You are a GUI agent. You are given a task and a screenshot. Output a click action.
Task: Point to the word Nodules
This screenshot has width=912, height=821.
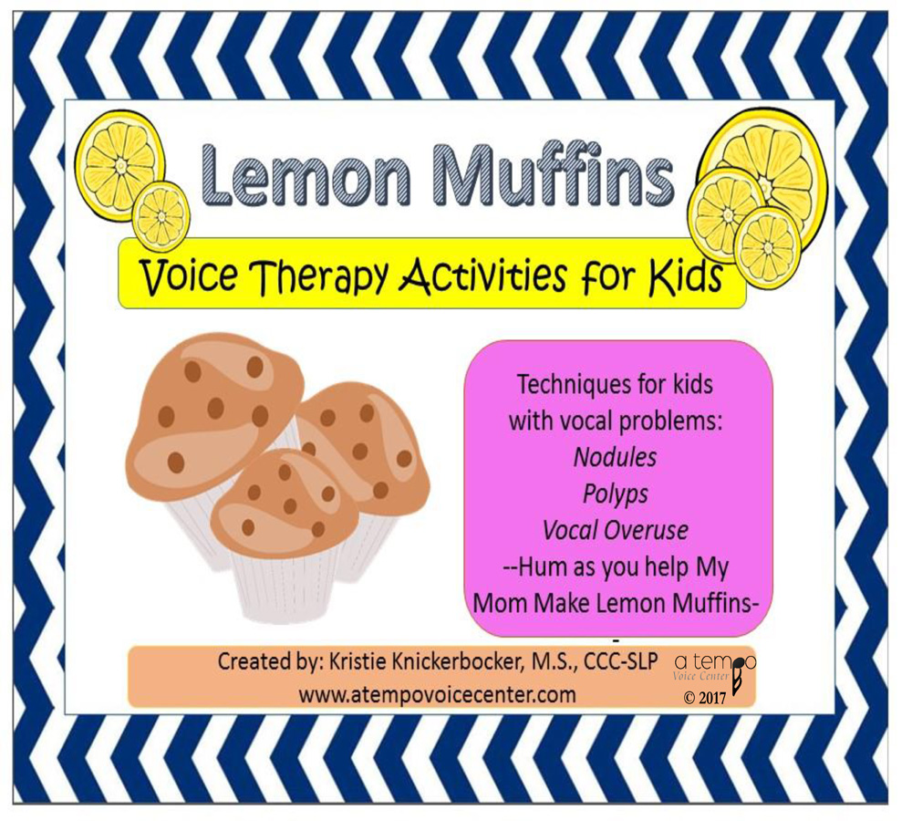pos(615,455)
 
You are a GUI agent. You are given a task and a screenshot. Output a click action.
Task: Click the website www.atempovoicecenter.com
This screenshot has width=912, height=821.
pos(437,694)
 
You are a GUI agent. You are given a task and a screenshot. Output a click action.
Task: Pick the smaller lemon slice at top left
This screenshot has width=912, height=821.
pos(161,217)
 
